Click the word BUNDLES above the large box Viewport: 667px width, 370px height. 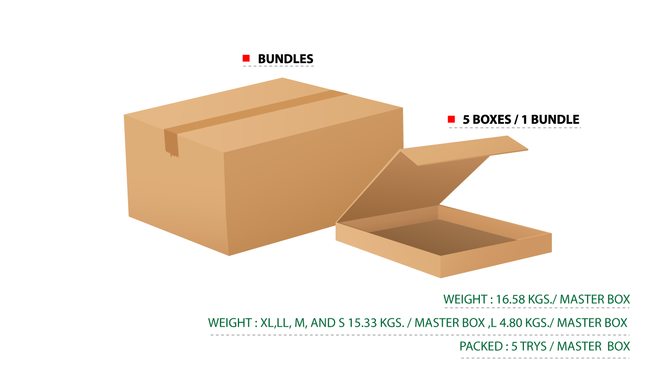pos(285,59)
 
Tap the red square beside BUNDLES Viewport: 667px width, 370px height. pos(246,58)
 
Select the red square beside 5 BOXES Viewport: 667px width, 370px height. pos(451,119)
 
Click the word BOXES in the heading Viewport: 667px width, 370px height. pos(491,120)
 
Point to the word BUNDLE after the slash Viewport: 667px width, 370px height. pos(555,120)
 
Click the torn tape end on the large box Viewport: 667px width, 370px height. pos(171,144)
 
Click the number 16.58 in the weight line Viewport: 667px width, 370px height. pos(510,299)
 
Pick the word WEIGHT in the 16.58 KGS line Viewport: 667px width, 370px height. pos(465,299)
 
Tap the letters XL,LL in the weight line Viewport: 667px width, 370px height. pos(275,323)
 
